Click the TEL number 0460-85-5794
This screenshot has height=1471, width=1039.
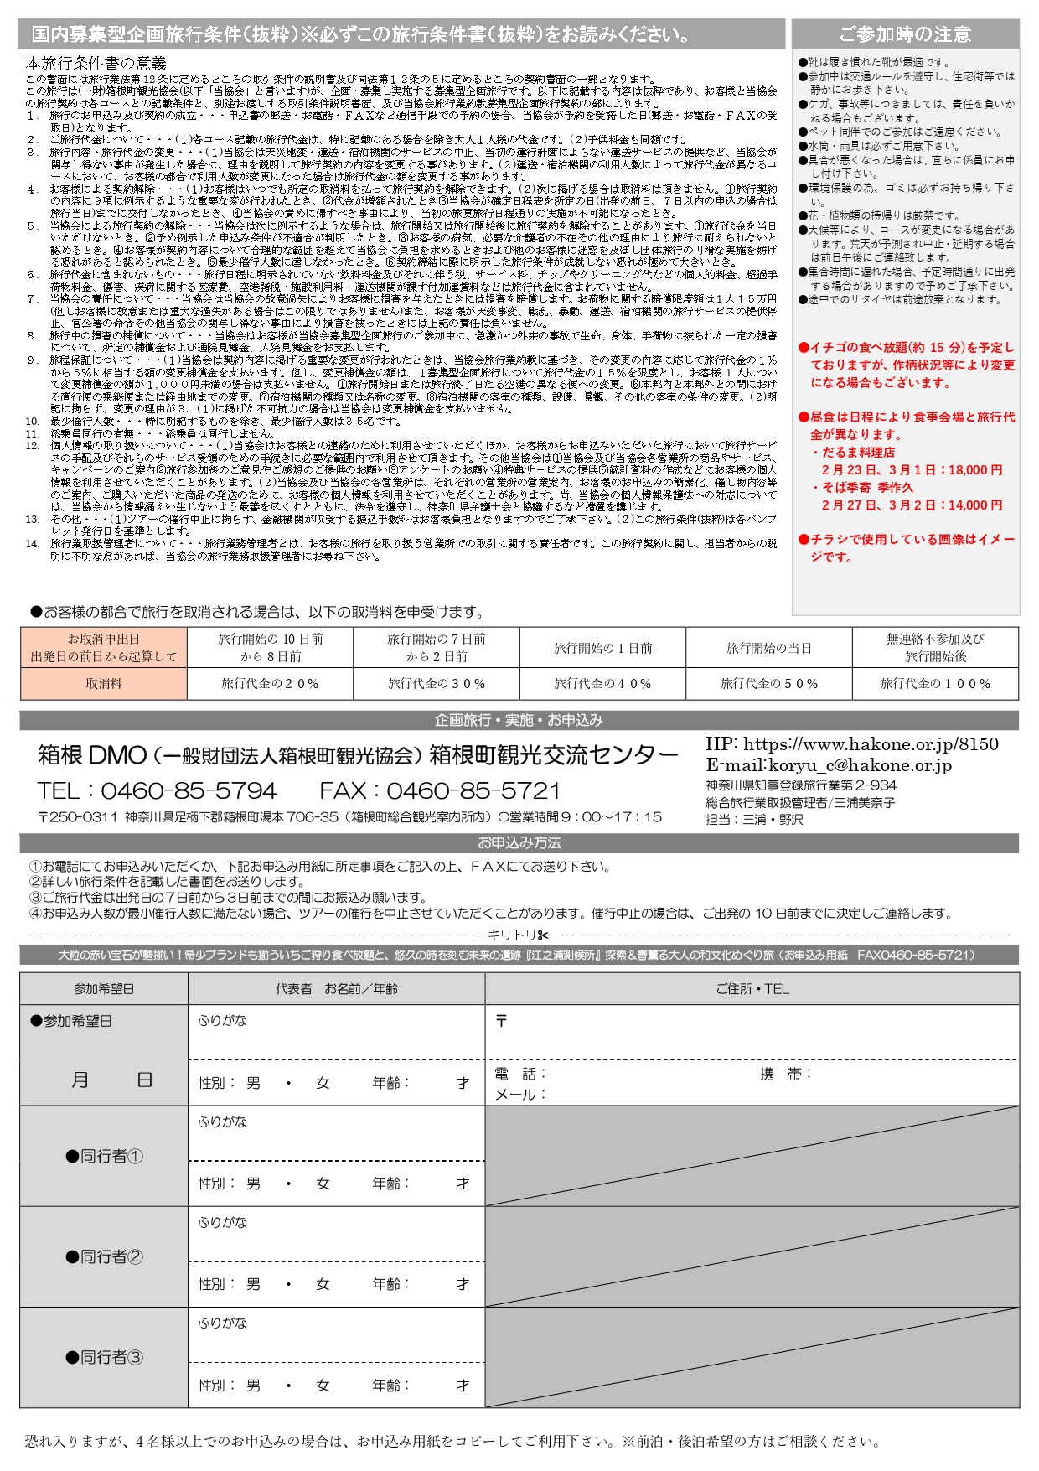click(189, 790)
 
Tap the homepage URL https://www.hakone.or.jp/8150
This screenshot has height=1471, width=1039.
click(871, 744)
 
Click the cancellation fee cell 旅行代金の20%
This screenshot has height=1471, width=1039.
click(270, 684)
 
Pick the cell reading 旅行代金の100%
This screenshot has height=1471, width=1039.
click(935, 684)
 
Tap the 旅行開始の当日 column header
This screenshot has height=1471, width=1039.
click(768, 648)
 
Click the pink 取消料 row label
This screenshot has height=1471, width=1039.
click(104, 684)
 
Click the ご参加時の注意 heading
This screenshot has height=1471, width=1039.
click(905, 34)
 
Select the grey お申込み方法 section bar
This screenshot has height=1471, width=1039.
click(519, 842)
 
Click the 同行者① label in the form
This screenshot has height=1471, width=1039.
click(105, 1157)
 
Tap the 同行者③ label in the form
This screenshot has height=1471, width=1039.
click(105, 1357)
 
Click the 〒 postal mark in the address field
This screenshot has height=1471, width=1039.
click(501, 1021)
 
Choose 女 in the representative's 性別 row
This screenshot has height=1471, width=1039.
click(323, 1083)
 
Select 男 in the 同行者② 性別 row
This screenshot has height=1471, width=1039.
click(253, 1284)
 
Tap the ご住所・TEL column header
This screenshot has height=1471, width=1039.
click(752, 989)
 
